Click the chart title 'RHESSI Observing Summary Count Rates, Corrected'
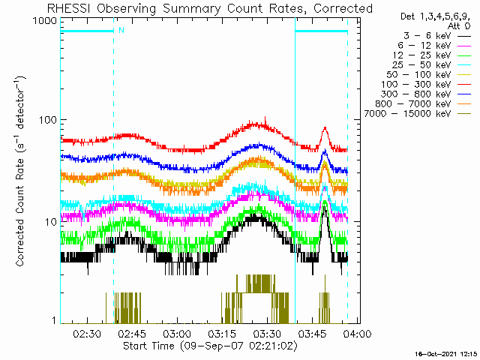(x=210, y=8)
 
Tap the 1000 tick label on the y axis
(x=45, y=21)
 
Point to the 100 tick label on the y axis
(x=48, y=120)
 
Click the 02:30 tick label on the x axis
(x=88, y=333)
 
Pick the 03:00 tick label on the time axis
(x=177, y=333)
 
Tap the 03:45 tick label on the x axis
(x=312, y=333)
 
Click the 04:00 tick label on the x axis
(x=357, y=333)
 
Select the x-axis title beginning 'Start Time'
(x=210, y=346)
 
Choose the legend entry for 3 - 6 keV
(x=437, y=36)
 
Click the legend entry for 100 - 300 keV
(x=426, y=85)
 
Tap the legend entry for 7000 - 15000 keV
(x=418, y=114)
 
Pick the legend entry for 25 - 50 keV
(x=432, y=65)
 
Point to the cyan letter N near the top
(x=121, y=30)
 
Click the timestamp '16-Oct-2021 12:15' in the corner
(x=446, y=354)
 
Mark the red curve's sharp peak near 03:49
(x=325, y=127)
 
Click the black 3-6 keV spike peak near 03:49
(x=325, y=207)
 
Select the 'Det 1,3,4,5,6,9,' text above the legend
(x=435, y=16)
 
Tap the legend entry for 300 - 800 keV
(x=426, y=94)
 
